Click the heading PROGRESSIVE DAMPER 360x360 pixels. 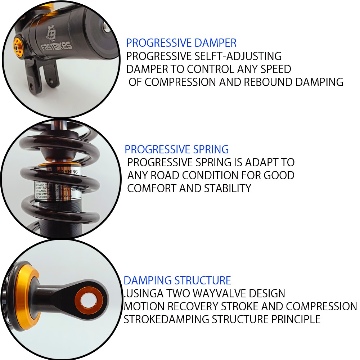(x=181, y=43)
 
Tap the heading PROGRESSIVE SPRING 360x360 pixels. (x=176, y=149)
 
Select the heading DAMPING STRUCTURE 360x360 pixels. (x=177, y=280)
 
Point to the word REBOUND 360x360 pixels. (x=269, y=82)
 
